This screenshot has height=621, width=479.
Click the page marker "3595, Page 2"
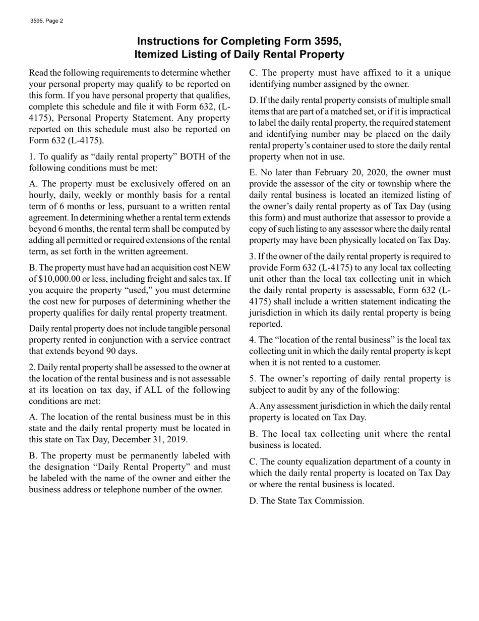point(46,21)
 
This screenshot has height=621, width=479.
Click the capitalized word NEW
point(220,268)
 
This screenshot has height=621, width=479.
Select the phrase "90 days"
point(121,351)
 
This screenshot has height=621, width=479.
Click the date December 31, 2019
point(148,439)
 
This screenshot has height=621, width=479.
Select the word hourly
point(41,195)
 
